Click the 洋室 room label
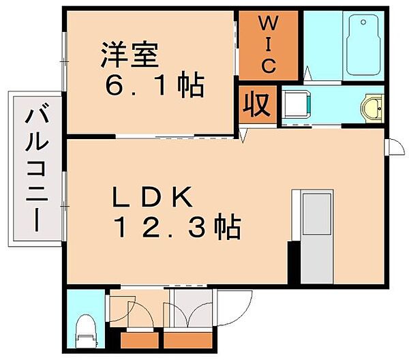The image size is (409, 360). [130, 55]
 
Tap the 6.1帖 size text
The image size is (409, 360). [155, 85]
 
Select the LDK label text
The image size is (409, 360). [152, 196]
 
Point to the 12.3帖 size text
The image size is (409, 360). [177, 226]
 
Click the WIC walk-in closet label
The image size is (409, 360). [269, 44]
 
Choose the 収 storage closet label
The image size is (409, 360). [256, 104]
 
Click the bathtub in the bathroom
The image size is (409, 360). [363, 44]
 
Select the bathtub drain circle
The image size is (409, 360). [363, 22]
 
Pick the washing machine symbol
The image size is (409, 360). [297, 104]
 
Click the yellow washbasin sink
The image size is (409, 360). [372, 108]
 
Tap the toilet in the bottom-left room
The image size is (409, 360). [86, 331]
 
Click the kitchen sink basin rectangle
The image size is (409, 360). [317, 213]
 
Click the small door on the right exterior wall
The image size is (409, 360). [396, 147]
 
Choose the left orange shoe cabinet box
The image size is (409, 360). [140, 340]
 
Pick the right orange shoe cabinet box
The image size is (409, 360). [188, 340]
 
